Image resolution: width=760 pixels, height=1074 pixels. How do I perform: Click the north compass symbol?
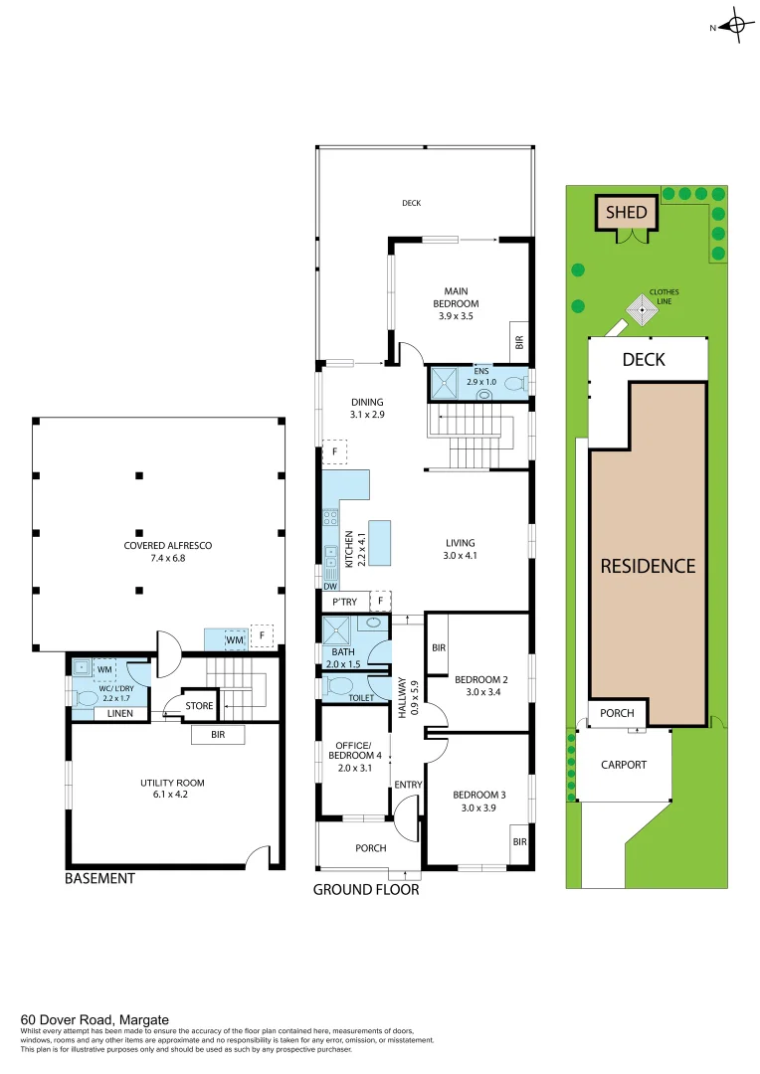pos(736,27)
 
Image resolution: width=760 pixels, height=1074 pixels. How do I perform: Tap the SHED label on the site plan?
pos(627,212)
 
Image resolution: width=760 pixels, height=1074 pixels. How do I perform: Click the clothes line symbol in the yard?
pos(643,311)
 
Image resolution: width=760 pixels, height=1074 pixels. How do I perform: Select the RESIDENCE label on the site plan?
pos(648,566)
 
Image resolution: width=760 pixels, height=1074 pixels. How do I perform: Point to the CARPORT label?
pos(624,765)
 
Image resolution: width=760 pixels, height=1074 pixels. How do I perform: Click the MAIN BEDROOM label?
pos(456,303)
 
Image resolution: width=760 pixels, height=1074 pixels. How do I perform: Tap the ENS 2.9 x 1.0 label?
pos(481,377)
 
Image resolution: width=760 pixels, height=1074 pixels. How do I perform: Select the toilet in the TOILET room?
pos(340,687)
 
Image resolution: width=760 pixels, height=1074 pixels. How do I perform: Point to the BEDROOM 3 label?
pos(479,802)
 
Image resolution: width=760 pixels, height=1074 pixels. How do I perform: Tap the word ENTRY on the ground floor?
pos(408,785)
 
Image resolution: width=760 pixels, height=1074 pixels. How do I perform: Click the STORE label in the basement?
pos(199,706)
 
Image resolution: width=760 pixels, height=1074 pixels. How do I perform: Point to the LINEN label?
pos(120,713)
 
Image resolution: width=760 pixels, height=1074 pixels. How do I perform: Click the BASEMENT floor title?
pos(98,879)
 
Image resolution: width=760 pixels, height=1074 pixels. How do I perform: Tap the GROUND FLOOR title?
pos(366,890)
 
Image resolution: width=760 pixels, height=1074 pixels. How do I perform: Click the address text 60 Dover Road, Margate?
pos(95,1019)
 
